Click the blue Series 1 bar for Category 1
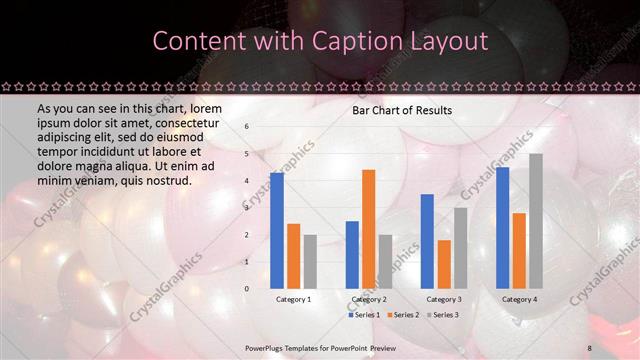276,230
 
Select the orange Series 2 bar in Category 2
368,229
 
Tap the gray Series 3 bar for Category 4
536,221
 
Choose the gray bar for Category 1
310,261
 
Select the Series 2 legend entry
403,315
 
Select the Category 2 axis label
368,299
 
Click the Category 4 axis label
519,299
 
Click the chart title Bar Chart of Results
401,110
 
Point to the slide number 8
590,347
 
